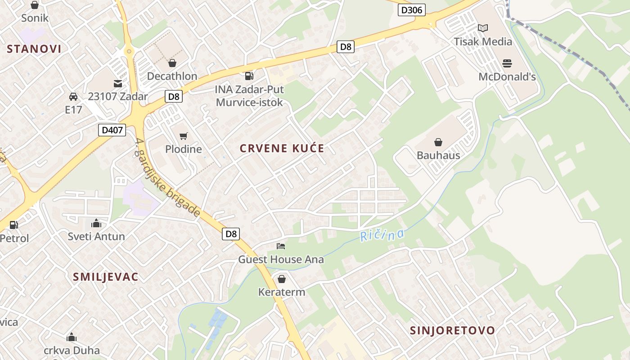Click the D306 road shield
(x=411, y=10)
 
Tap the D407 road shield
(x=112, y=130)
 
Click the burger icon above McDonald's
(x=507, y=63)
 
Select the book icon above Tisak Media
(x=483, y=28)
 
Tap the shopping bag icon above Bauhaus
(x=438, y=142)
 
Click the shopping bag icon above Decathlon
(x=172, y=63)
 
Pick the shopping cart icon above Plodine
(x=183, y=136)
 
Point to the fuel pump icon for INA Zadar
(x=249, y=76)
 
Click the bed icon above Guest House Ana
(x=281, y=246)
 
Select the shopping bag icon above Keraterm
(x=281, y=279)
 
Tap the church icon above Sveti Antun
(x=96, y=223)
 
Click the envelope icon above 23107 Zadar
(x=118, y=83)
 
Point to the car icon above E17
(x=73, y=96)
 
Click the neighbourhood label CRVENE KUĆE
(x=282, y=148)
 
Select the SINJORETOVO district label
(x=452, y=330)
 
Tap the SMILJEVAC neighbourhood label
(x=106, y=277)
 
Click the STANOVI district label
(x=34, y=49)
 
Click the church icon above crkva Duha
(x=72, y=337)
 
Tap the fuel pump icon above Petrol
(x=14, y=225)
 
